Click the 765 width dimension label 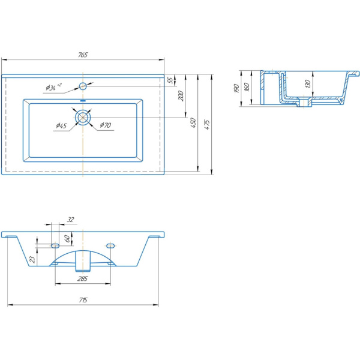(83, 55)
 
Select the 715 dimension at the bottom (83, 300)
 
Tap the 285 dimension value (82, 278)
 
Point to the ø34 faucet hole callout (53, 87)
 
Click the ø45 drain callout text (61, 125)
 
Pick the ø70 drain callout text (106, 125)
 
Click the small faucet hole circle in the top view (83, 86)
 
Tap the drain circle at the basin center (83, 118)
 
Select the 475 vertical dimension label (207, 125)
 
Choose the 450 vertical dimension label (193, 123)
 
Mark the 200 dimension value (181, 96)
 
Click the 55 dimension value (170, 80)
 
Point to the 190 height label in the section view (236, 88)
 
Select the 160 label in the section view (247, 87)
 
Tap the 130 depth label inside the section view (308, 84)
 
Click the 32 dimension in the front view (70, 220)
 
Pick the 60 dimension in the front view (67, 239)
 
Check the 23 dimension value (33, 259)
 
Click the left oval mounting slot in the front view (55, 246)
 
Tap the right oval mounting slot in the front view (110, 246)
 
